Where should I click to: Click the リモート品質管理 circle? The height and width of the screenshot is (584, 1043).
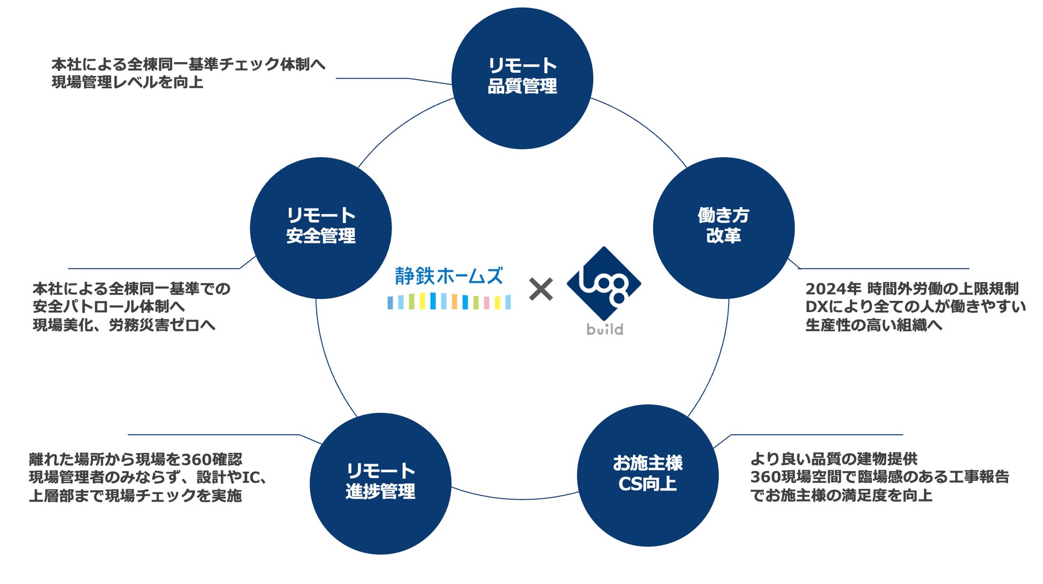pyautogui.click(x=522, y=78)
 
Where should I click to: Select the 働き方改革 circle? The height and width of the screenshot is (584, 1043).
pyautogui.click(x=723, y=228)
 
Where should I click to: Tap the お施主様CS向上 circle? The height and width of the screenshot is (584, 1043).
pyautogui.click(x=647, y=475)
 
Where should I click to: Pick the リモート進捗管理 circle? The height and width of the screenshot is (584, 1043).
pyautogui.click(x=380, y=483)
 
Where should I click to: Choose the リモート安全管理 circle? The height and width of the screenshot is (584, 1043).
pyautogui.click(x=321, y=228)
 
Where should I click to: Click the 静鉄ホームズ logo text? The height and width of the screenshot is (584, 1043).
pyautogui.click(x=449, y=276)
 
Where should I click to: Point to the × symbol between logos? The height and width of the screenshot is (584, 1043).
pyautogui.click(x=541, y=289)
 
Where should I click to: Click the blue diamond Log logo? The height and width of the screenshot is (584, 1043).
pyautogui.click(x=603, y=283)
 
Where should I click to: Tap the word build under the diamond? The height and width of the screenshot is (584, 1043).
pyautogui.click(x=604, y=329)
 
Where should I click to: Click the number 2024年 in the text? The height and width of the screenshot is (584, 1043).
pyautogui.click(x=833, y=289)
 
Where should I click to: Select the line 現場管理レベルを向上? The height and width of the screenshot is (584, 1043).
pyautogui.click(x=127, y=82)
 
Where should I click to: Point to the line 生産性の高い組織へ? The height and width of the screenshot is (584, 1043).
pyautogui.click(x=873, y=325)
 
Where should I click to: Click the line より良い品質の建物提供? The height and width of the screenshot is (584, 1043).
pyautogui.click(x=833, y=459)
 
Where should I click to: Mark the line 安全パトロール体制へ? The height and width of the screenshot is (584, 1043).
pyautogui.click(x=109, y=306)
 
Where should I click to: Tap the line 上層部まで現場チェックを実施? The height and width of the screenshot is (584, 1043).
pyautogui.click(x=135, y=496)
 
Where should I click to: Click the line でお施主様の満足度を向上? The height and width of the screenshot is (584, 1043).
pyautogui.click(x=841, y=495)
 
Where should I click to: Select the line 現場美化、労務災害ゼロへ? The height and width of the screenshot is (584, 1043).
pyautogui.click(x=124, y=325)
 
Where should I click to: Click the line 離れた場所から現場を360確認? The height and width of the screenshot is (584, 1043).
pyautogui.click(x=135, y=459)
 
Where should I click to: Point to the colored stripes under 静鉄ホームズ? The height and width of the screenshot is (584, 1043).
pyautogui.click(x=449, y=302)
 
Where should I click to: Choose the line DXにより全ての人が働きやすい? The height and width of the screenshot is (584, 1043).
pyautogui.click(x=915, y=307)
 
